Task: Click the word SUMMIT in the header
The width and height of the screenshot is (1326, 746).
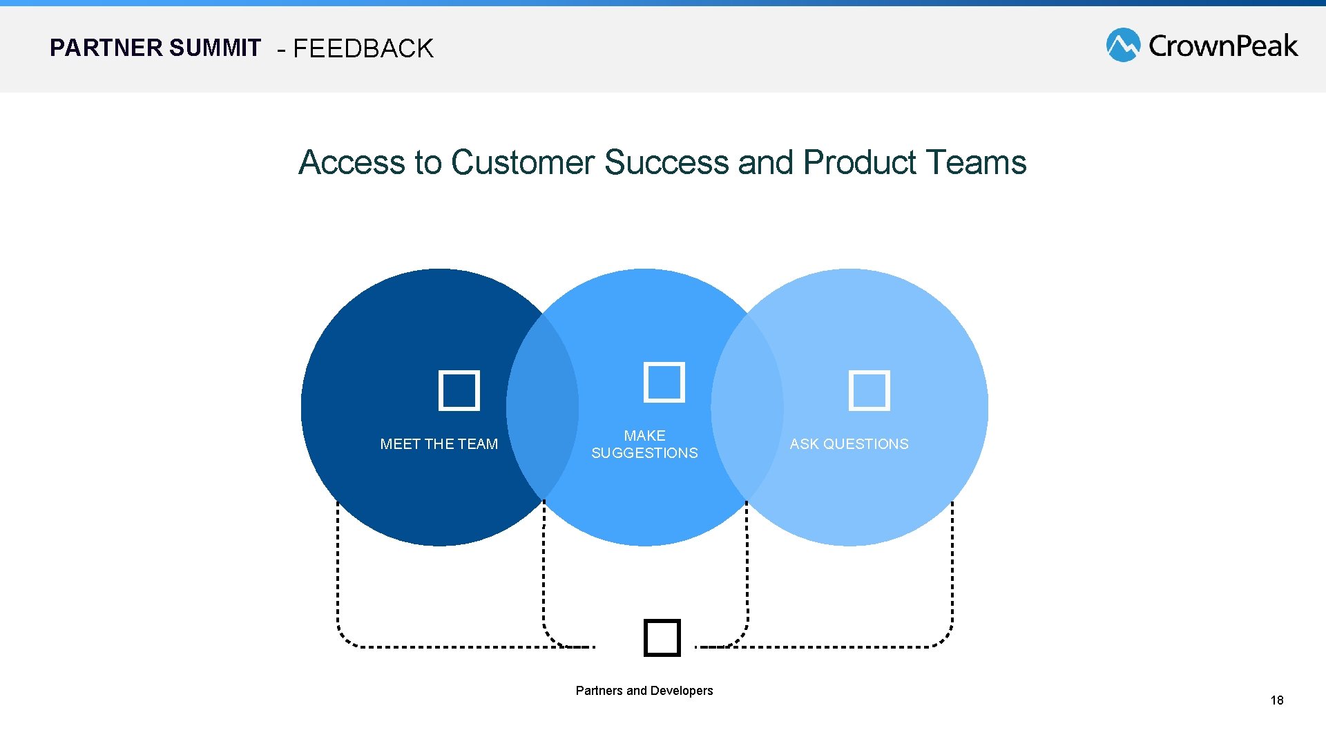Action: point(214,48)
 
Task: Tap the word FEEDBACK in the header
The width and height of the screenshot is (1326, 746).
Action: point(363,49)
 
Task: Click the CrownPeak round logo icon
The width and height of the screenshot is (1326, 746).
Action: point(1122,45)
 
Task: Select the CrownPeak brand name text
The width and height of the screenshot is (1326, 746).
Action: point(1222,46)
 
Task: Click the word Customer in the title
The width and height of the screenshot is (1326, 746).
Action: point(522,163)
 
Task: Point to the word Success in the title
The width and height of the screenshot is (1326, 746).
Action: point(666,163)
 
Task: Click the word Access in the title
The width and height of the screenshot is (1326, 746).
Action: point(352,163)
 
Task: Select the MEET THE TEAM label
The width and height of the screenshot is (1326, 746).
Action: point(439,444)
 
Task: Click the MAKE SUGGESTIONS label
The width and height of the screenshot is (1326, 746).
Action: point(644,444)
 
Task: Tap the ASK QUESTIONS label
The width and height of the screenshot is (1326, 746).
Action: point(849,444)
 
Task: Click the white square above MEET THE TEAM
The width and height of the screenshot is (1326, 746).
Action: point(459,391)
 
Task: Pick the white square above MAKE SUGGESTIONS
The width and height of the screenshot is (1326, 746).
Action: point(664,382)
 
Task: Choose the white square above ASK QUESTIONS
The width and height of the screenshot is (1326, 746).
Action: point(869,391)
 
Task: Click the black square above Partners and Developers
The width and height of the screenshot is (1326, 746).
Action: point(662,638)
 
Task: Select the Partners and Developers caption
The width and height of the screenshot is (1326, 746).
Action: point(644,691)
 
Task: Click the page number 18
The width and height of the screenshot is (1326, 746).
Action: point(1276,700)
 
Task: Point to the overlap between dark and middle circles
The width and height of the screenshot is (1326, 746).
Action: point(542,408)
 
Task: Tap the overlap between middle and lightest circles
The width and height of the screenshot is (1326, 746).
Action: point(747,408)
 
